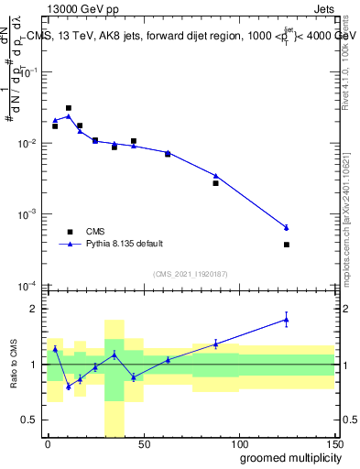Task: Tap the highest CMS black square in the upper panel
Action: coord(69,108)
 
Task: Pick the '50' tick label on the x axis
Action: coord(143,442)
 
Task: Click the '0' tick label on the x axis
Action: coord(48,442)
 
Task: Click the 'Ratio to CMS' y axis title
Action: coord(13,364)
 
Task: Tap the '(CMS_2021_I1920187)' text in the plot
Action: coord(191,273)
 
